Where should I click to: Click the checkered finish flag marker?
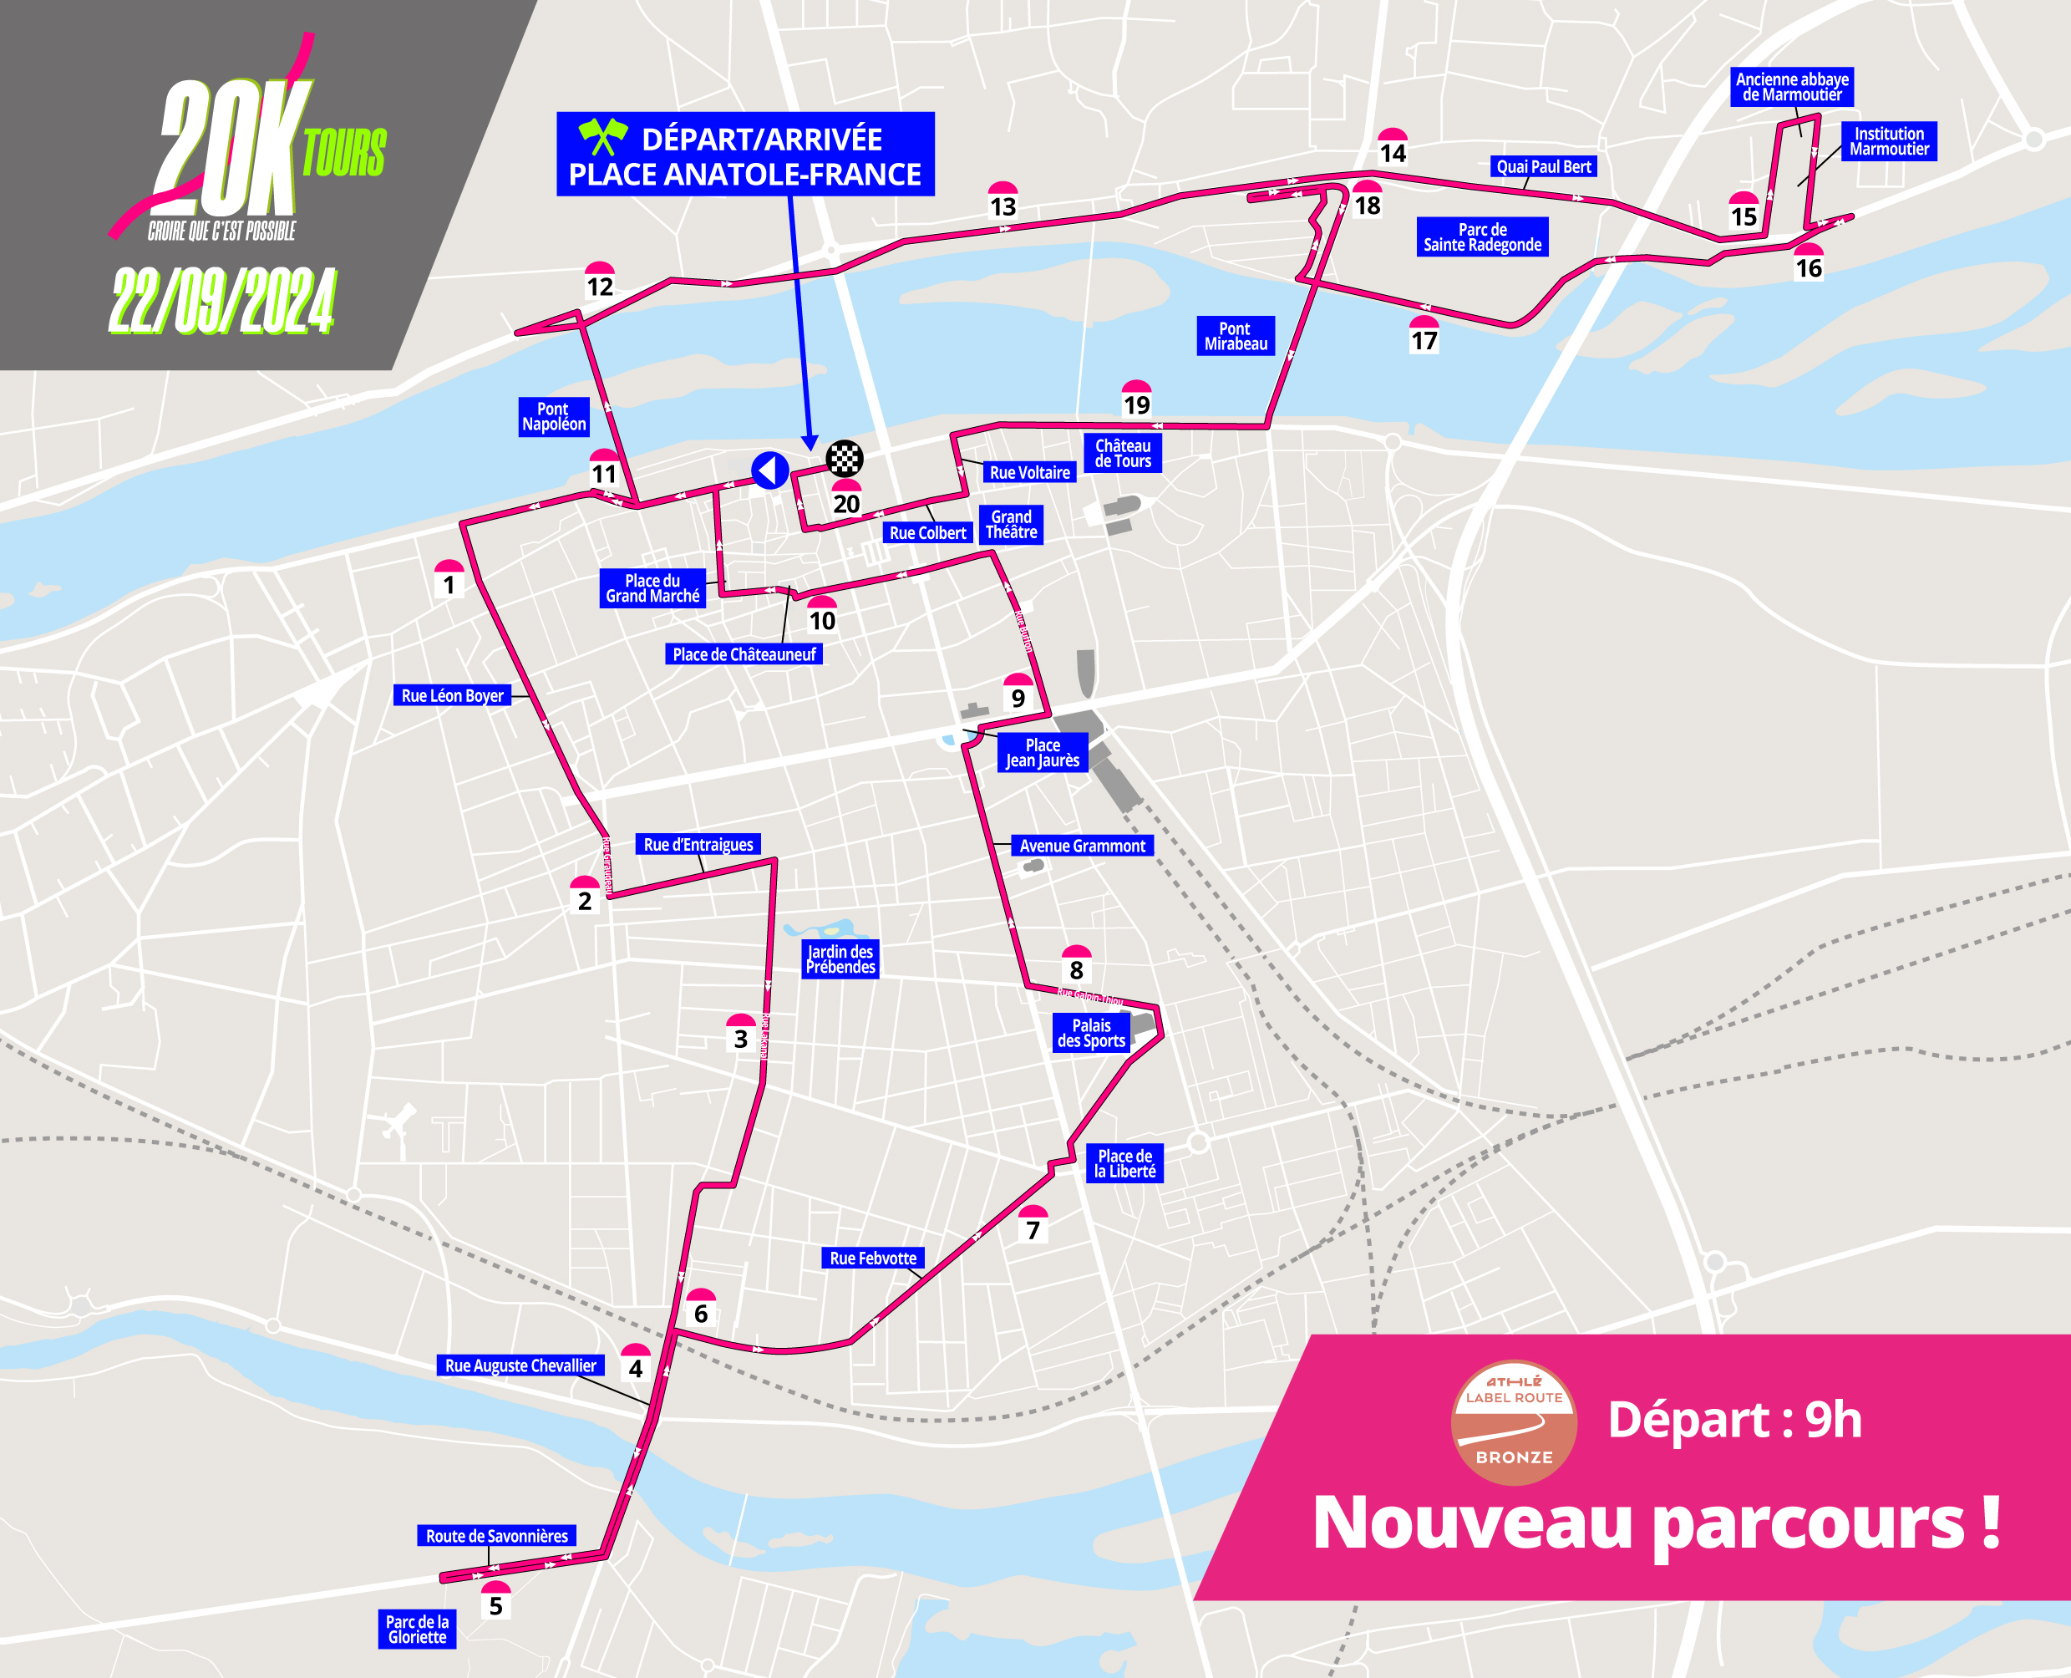click(x=844, y=457)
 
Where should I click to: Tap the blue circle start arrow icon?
click(x=769, y=470)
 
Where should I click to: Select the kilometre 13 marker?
click(x=1003, y=201)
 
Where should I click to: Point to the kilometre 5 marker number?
click(x=495, y=1605)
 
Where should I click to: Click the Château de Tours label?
click(x=1122, y=453)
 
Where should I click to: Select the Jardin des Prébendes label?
click(x=840, y=958)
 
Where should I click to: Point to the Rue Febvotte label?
click(x=873, y=1258)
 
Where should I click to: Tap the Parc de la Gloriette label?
click(x=418, y=1629)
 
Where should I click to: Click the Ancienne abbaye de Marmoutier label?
click(x=1792, y=87)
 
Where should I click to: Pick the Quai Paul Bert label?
click(x=1543, y=166)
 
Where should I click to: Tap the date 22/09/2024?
click(x=222, y=301)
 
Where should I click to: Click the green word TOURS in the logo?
click(x=344, y=152)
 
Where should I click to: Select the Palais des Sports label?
click(x=1091, y=1032)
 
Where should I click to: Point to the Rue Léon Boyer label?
click(x=452, y=695)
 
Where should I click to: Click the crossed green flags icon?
click(x=603, y=136)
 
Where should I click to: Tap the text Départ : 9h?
click(x=1734, y=1419)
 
